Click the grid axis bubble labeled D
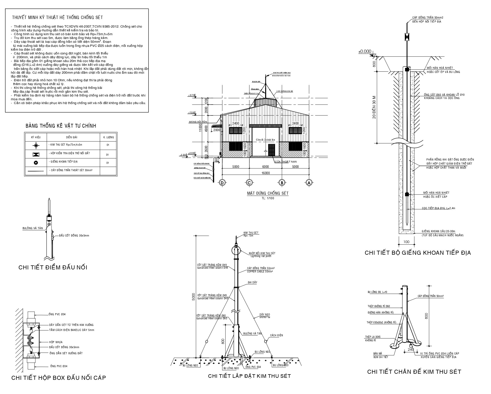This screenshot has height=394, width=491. (x=222, y=183)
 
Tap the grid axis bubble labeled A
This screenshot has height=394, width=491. (x=309, y=183)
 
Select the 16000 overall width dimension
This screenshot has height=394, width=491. (x=265, y=173)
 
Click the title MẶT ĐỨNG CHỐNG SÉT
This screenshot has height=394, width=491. (x=268, y=193)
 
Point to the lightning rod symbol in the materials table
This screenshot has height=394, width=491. (x=36, y=145)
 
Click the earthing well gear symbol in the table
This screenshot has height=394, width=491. (x=36, y=163)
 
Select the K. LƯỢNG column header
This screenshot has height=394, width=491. (x=108, y=137)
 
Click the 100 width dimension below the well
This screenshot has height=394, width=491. (x=406, y=242)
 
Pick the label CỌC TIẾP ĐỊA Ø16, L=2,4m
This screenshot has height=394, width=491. (x=439, y=208)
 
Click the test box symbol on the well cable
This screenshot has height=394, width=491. (x=407, y=37)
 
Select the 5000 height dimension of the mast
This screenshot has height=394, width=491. (x=193, y=297)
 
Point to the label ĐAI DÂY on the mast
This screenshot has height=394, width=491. (x=252, y=282)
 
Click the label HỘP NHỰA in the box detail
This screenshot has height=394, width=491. (x=56, y=342)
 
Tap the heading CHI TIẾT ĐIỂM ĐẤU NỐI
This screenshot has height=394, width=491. (x=53, y=267)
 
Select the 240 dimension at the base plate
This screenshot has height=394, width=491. (x=411, y=349)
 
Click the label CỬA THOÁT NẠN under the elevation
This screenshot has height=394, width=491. (x=286, y=162)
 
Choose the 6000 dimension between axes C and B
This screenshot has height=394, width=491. (x=265, y=167)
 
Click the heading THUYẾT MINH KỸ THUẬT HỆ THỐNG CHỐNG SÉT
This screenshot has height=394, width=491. (x=58, y=17)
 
